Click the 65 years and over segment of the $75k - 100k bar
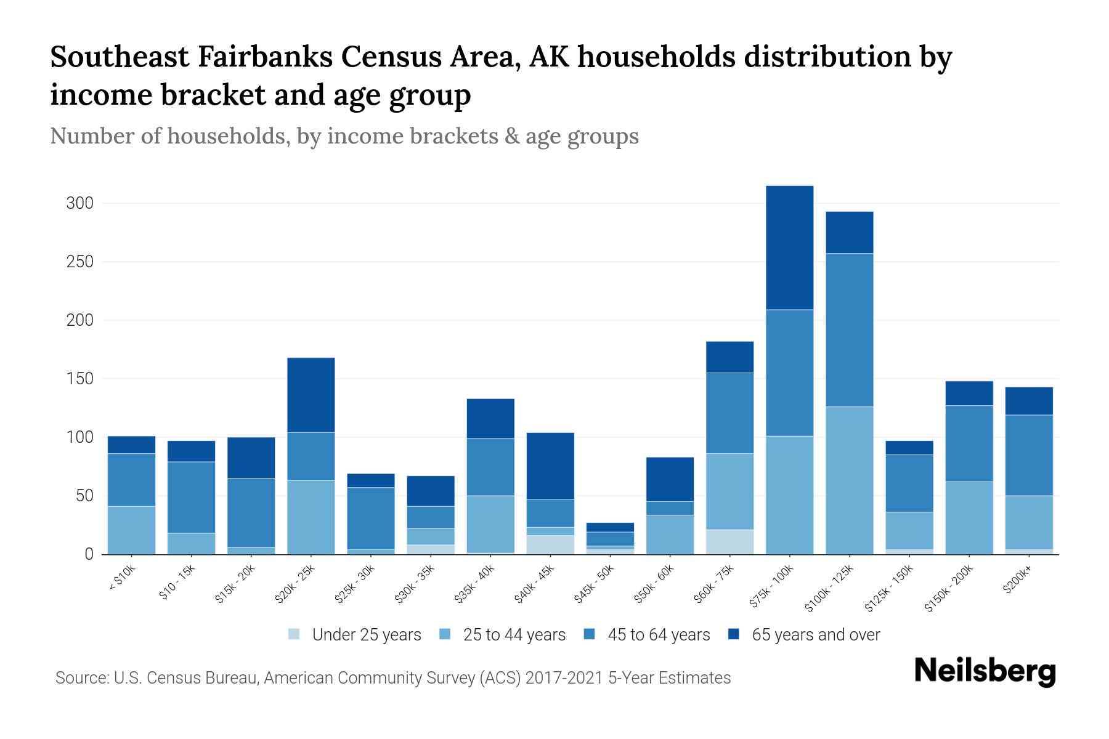(x=789, y=248)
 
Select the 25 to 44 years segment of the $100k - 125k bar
(x=849, y=480)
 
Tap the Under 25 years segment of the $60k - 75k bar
(x=729, y=542)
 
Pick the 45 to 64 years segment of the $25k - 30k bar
(x=371, y=519)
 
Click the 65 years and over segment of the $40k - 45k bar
(x=550, y=466)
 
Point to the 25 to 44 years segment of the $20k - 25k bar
(x=311, y=517)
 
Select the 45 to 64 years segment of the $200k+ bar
(x=1029, y=456)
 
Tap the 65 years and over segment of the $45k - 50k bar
(x=610, y=527)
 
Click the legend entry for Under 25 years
(x=367, y=635)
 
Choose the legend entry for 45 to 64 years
(x=659, y=635)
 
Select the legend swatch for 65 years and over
(x=734, y=634)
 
